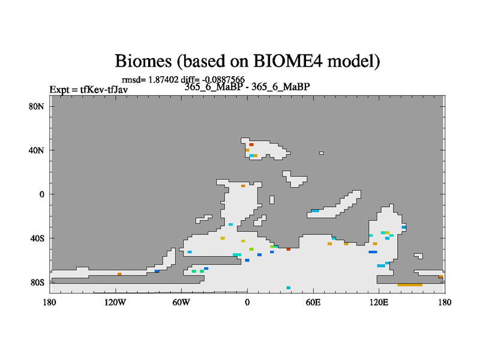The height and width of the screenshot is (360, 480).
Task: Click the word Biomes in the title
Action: coord(143,61)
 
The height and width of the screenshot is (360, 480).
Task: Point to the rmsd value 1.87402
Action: coord(163,80)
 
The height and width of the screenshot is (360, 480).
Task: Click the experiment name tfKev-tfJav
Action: coord(104,89)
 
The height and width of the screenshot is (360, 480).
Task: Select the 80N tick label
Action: coord(36,107)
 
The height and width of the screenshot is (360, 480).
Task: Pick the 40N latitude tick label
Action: coord(36,151)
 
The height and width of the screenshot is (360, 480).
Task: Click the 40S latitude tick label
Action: coord(37,238)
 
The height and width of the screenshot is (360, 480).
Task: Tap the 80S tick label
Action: coord(37,282)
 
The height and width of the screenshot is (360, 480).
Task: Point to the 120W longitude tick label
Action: coord(115,302)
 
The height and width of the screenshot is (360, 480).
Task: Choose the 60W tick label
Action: coord(181,302)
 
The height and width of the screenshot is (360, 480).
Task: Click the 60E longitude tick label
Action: coord(313,302)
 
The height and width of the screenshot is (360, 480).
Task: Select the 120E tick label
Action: coord(379,302)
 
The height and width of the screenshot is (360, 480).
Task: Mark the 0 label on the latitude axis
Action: coord(41,194)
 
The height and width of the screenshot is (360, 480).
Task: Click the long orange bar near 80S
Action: coord(410,285)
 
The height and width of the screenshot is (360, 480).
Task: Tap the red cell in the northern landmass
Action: coord(251,145)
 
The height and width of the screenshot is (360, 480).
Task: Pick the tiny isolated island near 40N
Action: coord(322,153)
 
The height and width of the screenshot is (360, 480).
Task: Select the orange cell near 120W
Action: coord(119,274)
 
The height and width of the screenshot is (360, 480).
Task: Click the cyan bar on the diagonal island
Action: coord(315,211)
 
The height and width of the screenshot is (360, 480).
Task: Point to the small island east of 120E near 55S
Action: coord(418,256)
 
